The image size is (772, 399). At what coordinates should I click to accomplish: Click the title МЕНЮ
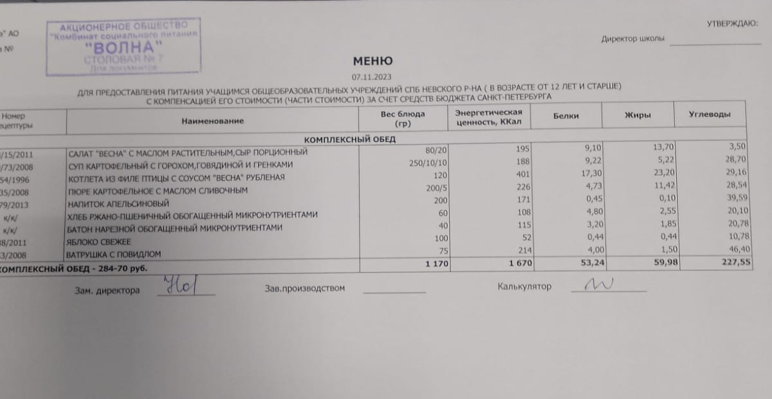[x=372, y=62]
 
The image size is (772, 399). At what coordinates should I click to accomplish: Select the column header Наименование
[x=212, y=120]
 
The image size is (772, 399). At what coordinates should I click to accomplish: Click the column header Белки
[x=565, y=116]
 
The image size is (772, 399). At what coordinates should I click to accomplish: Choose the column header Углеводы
[x=710, y=114]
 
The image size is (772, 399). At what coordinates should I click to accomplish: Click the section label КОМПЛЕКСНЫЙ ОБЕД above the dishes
[x=349, y=139]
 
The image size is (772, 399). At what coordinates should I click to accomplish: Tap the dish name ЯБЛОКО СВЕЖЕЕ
[x=99, y=241]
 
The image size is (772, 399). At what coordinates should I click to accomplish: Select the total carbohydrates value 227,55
[x=733, y=261]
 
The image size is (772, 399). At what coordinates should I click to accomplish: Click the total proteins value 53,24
[x=581, y=263]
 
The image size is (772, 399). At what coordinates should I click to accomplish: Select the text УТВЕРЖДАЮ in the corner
[x=732, y=24]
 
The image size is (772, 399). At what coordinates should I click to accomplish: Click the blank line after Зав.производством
[x=394, y=291]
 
